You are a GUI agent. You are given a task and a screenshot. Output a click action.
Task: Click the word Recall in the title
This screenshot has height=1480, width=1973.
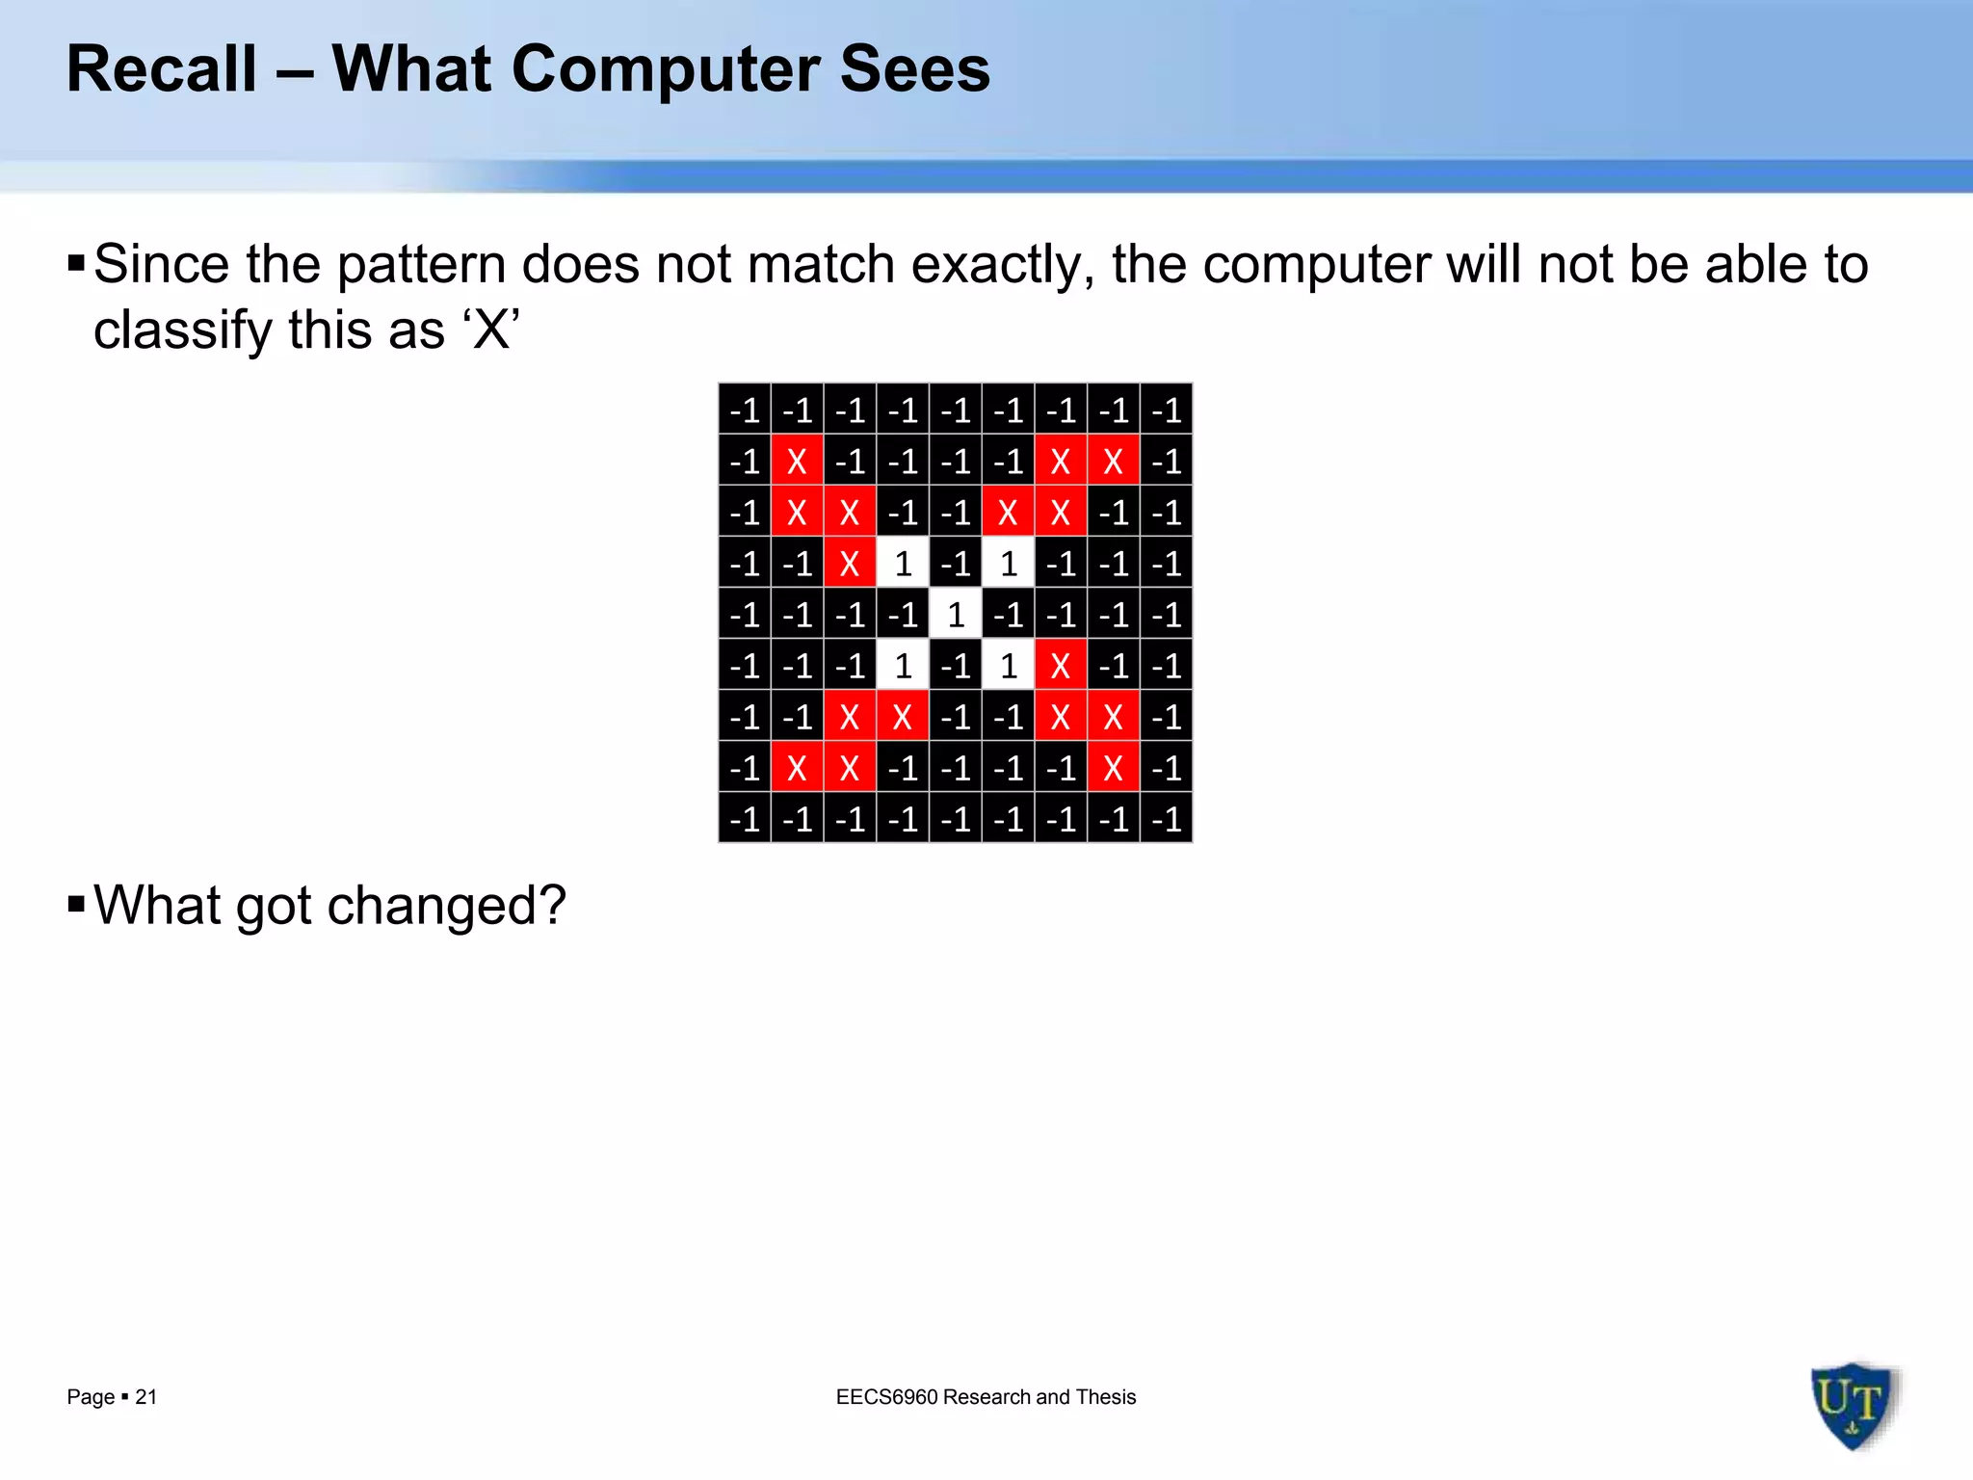pyautogui.click(x=162, y=69)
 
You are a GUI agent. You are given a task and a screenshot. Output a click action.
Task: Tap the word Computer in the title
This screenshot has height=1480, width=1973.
pyautogui.click(x=665, y=69)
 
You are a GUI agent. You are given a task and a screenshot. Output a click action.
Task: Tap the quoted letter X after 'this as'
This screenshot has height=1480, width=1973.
pyautogui.click(x=491, y=330)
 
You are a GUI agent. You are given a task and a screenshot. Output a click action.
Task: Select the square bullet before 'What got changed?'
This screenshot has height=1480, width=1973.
pyautogui.click(x=77, y=904)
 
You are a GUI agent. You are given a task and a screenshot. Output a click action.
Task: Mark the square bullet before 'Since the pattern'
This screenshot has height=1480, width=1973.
pyautogui.click(x=77, y=263)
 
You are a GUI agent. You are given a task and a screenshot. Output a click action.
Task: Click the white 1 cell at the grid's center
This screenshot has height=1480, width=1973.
pyautogui.click(x=956, y=614)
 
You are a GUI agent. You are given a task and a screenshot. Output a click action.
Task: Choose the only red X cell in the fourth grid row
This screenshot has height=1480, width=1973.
pyautogui.click(x=850, y=563)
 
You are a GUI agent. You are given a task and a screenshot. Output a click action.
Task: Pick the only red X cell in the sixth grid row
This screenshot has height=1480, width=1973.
pyautogui.click(x=1061, y=665)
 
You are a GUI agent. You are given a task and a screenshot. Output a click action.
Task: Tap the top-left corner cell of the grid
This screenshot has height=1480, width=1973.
pyautogui.click(x=745, y=410)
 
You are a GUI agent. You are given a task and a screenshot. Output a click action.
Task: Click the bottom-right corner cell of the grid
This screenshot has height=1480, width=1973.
pyautogui.click(x=1167, y=818)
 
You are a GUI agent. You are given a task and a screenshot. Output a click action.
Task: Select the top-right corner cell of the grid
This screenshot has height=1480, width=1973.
pyautogui.click(x=1167, y=410)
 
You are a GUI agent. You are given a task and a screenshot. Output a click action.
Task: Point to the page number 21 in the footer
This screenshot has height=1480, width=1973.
pyautogui.click(x=146, y=1397)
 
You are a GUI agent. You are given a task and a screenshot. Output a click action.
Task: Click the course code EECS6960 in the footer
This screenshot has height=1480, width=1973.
pyautogui.click(x=886, y=1397)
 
